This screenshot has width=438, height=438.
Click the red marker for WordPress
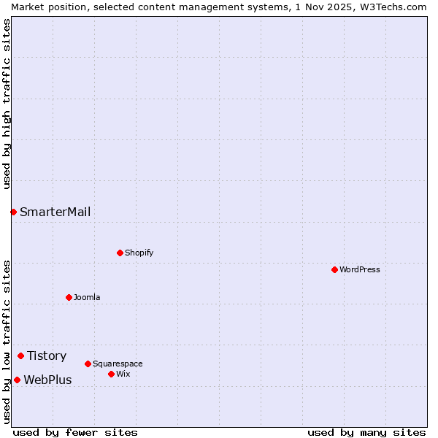click(x=334, y=269)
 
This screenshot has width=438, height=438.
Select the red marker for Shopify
click(x=120, y=253)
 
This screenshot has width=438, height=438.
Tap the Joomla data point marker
click(x=69, y=297)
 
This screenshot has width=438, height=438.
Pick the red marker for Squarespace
click(x=88, y=364)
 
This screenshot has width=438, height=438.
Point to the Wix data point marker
click(x=111, y=374)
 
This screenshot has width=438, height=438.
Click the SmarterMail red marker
click(x=13, y=212)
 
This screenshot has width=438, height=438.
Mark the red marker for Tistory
click(x=20, y=356)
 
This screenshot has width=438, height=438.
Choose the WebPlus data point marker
click(x=17, y=380)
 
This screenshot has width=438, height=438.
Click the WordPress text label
click(x=360, y=269)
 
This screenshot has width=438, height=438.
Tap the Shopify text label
click(x=139, y=253)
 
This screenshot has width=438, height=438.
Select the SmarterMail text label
click(x=55, y=212)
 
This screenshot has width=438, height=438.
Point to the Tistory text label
click(x=47, y=356)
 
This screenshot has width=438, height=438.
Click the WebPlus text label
click(x=47, y=380)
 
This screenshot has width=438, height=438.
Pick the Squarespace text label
click(x=118, y=364)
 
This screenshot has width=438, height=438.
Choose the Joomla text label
click(x=87, y=297)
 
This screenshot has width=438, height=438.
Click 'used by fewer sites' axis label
click(x=75, y=432)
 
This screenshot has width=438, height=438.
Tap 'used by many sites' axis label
click(x=366, y=432)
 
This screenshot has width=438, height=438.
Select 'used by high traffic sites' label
click(x=7, y=104)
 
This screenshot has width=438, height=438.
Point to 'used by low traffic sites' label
click(x=7, y=342)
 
